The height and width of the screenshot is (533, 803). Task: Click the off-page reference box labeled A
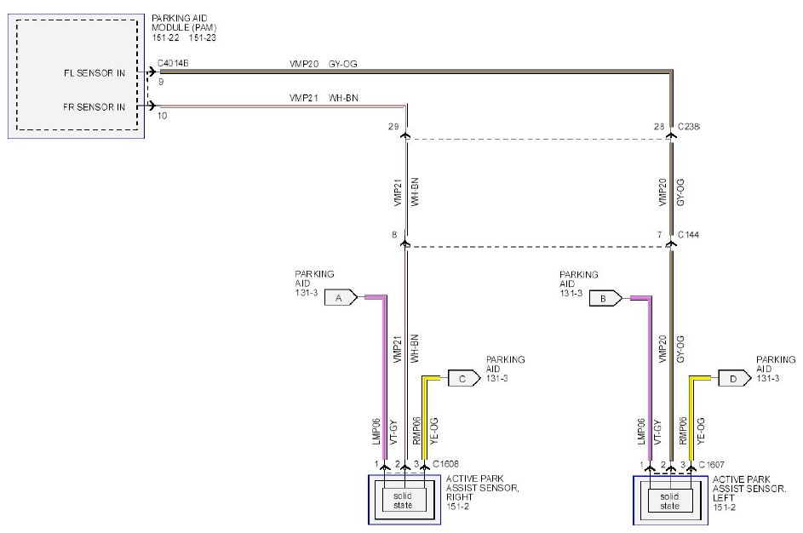[341, 297]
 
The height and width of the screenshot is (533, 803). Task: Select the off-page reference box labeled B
[605, 298]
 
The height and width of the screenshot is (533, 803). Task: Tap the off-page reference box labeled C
[464, 378]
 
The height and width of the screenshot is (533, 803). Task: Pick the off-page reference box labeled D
[734, 378]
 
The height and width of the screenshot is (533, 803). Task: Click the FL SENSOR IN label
[95, 73]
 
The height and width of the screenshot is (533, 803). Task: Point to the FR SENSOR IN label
[95, 107]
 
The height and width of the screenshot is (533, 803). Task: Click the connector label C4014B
[173, 64]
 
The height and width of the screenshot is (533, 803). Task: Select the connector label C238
[689, 127]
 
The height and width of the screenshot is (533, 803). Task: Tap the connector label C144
[688, 234]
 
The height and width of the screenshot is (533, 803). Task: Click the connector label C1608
[445, 464]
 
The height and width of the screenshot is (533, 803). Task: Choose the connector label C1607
[711, 464]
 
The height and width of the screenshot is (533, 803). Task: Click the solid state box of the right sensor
[403, 501]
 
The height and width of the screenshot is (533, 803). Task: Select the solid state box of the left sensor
[670, 501]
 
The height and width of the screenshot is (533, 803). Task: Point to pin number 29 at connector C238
[393, 127]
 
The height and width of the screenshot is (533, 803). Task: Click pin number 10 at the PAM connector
[162, 116]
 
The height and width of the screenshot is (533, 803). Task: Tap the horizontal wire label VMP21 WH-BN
[324, 98]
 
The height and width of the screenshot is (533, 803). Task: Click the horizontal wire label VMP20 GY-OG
[323, 64]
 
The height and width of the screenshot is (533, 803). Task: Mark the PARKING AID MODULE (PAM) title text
[185, 27]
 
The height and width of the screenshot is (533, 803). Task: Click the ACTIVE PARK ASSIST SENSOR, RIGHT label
[483, 492]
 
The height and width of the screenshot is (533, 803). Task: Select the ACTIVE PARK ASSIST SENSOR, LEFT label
[749, 493]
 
